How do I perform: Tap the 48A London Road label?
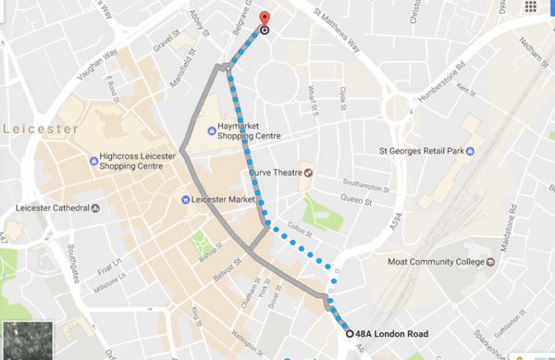(x=391, y=334)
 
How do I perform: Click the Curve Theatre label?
(x=276, y=172)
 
